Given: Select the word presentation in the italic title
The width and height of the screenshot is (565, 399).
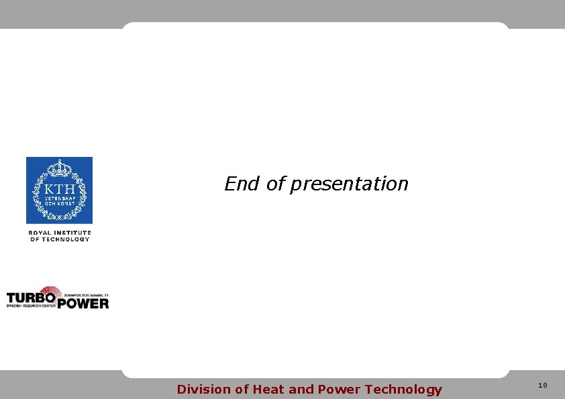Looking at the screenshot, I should (x=349, y=184).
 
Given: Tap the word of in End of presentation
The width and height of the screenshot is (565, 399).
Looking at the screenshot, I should (x=275, y=184).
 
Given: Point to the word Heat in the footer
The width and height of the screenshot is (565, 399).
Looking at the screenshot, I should (x=269, y=389).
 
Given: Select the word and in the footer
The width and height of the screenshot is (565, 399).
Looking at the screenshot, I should (x=301, y=389).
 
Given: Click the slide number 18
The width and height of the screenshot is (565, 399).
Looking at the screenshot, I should (x=542, y=385).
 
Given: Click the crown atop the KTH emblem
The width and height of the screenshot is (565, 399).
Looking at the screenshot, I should (x=59, y=167).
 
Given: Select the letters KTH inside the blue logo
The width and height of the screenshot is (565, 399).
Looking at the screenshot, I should (x=59, y=186).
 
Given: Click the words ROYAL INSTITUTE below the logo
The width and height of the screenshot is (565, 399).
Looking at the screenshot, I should (x=59, y=233).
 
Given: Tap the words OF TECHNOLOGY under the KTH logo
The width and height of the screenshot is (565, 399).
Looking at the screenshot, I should (x=59, y=239).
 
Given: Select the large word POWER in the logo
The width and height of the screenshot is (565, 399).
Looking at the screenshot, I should (x=83, y=303).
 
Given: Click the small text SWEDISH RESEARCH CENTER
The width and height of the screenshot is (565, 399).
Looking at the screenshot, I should (x=30, y=305).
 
